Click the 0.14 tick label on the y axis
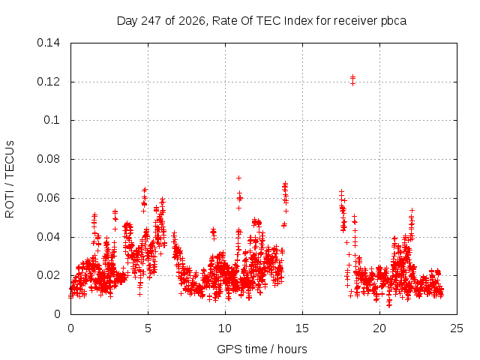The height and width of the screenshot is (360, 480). [x=48, y=43]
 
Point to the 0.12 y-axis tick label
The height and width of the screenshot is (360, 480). [x=48, y=82]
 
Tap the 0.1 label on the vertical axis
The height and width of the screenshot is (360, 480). [x=52, y=120]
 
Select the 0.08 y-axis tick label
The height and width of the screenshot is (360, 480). [x=48, y=159]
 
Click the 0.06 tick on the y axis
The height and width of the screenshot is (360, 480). [x=48, y=198]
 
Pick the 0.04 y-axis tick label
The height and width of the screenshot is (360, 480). [x=48, y=237]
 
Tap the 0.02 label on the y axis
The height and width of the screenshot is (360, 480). [x=48, y=275]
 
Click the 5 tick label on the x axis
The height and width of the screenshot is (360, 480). [x=148, y=328]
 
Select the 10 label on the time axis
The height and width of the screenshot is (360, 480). [x=225, y=328]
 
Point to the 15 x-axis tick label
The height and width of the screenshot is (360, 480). [x=302, y=328]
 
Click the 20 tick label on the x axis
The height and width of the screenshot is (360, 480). [x=379, y=328]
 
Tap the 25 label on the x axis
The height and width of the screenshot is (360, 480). [x=457, y=328]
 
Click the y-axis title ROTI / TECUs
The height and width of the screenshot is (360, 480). [x=10, y=179]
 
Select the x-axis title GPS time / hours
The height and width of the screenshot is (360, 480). [x=262, y=349]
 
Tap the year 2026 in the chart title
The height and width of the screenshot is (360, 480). [x=192, y=21]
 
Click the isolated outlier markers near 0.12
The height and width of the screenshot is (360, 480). [x=352, y=80]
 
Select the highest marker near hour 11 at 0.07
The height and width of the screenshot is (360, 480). [x=238, y=178]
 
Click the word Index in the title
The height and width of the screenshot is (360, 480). [x=298, y=21]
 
